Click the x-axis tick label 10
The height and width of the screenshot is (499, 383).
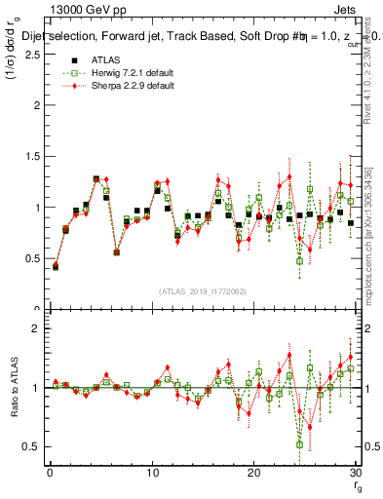pyautogui.click(x=151, y=474)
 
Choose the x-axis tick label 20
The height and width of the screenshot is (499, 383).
pyautogui.click(x=252, y=474)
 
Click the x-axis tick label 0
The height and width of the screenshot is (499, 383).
pyautogui.click(x=50, y=474)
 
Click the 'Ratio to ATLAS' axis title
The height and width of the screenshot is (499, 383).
pyautogui.click(x=13, y=390)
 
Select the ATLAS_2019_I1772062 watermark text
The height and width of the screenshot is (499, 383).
pyautogui.click(x=202, y=291)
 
